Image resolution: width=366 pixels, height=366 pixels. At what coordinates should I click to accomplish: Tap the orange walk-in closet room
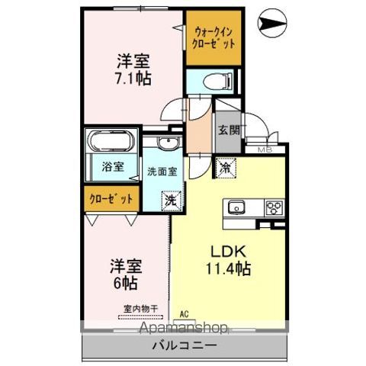213,37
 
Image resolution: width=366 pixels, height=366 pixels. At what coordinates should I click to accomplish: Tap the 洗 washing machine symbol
172,201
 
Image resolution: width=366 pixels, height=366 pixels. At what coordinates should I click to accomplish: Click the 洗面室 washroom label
162,171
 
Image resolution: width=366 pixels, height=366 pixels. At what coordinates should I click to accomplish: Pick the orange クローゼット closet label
110,198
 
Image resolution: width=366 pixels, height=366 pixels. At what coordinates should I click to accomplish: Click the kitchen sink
235,207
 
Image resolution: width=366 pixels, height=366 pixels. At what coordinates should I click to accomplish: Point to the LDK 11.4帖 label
226,258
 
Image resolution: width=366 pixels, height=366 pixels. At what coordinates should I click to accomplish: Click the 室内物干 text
140,310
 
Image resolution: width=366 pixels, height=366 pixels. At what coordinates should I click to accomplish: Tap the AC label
184,313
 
